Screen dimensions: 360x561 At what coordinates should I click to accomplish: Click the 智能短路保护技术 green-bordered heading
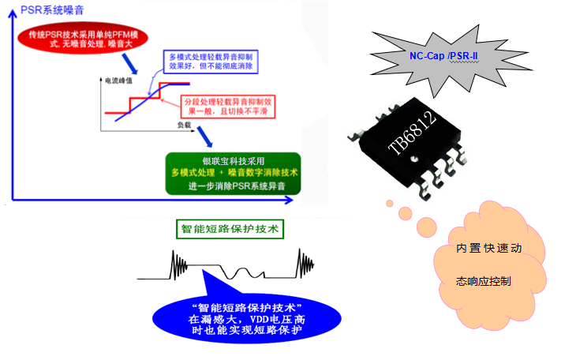click(228, 230)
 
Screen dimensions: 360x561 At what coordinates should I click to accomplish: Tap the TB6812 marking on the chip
click(411, 131)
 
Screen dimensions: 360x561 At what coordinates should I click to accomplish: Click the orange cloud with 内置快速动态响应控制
click(489, 265)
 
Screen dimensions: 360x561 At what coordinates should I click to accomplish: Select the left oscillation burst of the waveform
click(179, 261)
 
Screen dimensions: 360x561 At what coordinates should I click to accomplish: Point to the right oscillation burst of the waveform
click(305, 262)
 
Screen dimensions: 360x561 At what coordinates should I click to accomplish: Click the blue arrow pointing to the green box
click(208, 139)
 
